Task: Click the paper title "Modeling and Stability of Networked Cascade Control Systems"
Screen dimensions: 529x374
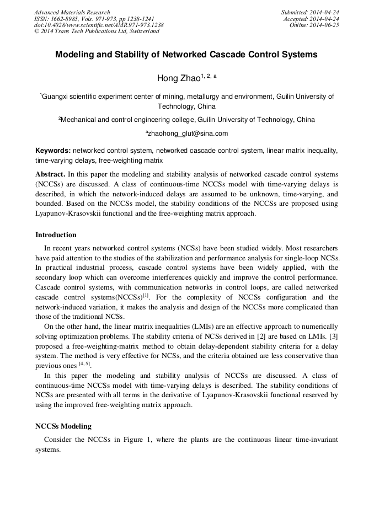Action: click(x=186, y=55)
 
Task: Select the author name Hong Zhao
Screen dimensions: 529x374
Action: click(x=179, y=78)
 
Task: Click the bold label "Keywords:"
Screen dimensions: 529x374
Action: click(x=53, y=150)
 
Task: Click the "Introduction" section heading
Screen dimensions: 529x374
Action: click(x=56, y=234)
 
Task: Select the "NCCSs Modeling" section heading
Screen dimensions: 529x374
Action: click(x=63, y=426)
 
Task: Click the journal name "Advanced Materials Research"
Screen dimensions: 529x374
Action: click(x=72, y=12)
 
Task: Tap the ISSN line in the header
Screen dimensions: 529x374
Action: click(x=94, y=19)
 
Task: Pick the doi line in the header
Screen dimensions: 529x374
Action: click(x=99, y=25)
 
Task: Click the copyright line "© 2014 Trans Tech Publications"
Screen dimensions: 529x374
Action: click(x=97, y=31)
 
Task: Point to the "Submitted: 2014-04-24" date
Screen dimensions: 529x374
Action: click(x=310, y=12)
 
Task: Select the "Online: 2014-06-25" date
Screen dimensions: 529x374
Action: click(x=314, y=25)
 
